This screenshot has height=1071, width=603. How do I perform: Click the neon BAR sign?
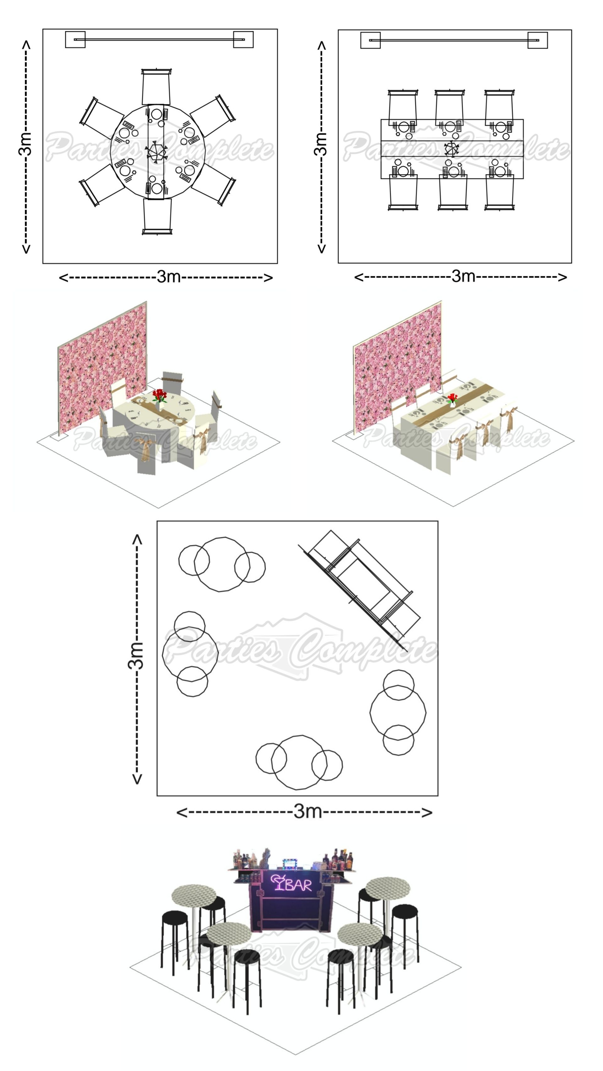291,884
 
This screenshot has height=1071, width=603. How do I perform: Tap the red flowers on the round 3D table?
159,395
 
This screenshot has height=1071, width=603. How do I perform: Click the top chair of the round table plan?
156,87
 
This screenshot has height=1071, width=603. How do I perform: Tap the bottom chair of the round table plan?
157,216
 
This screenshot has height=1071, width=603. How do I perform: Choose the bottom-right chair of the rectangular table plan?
499,192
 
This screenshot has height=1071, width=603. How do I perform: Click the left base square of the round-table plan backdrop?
75,40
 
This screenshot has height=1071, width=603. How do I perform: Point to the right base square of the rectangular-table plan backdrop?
537,40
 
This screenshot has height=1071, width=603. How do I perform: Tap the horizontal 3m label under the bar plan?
307,811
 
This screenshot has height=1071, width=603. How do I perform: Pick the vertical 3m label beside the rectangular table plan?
321,144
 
